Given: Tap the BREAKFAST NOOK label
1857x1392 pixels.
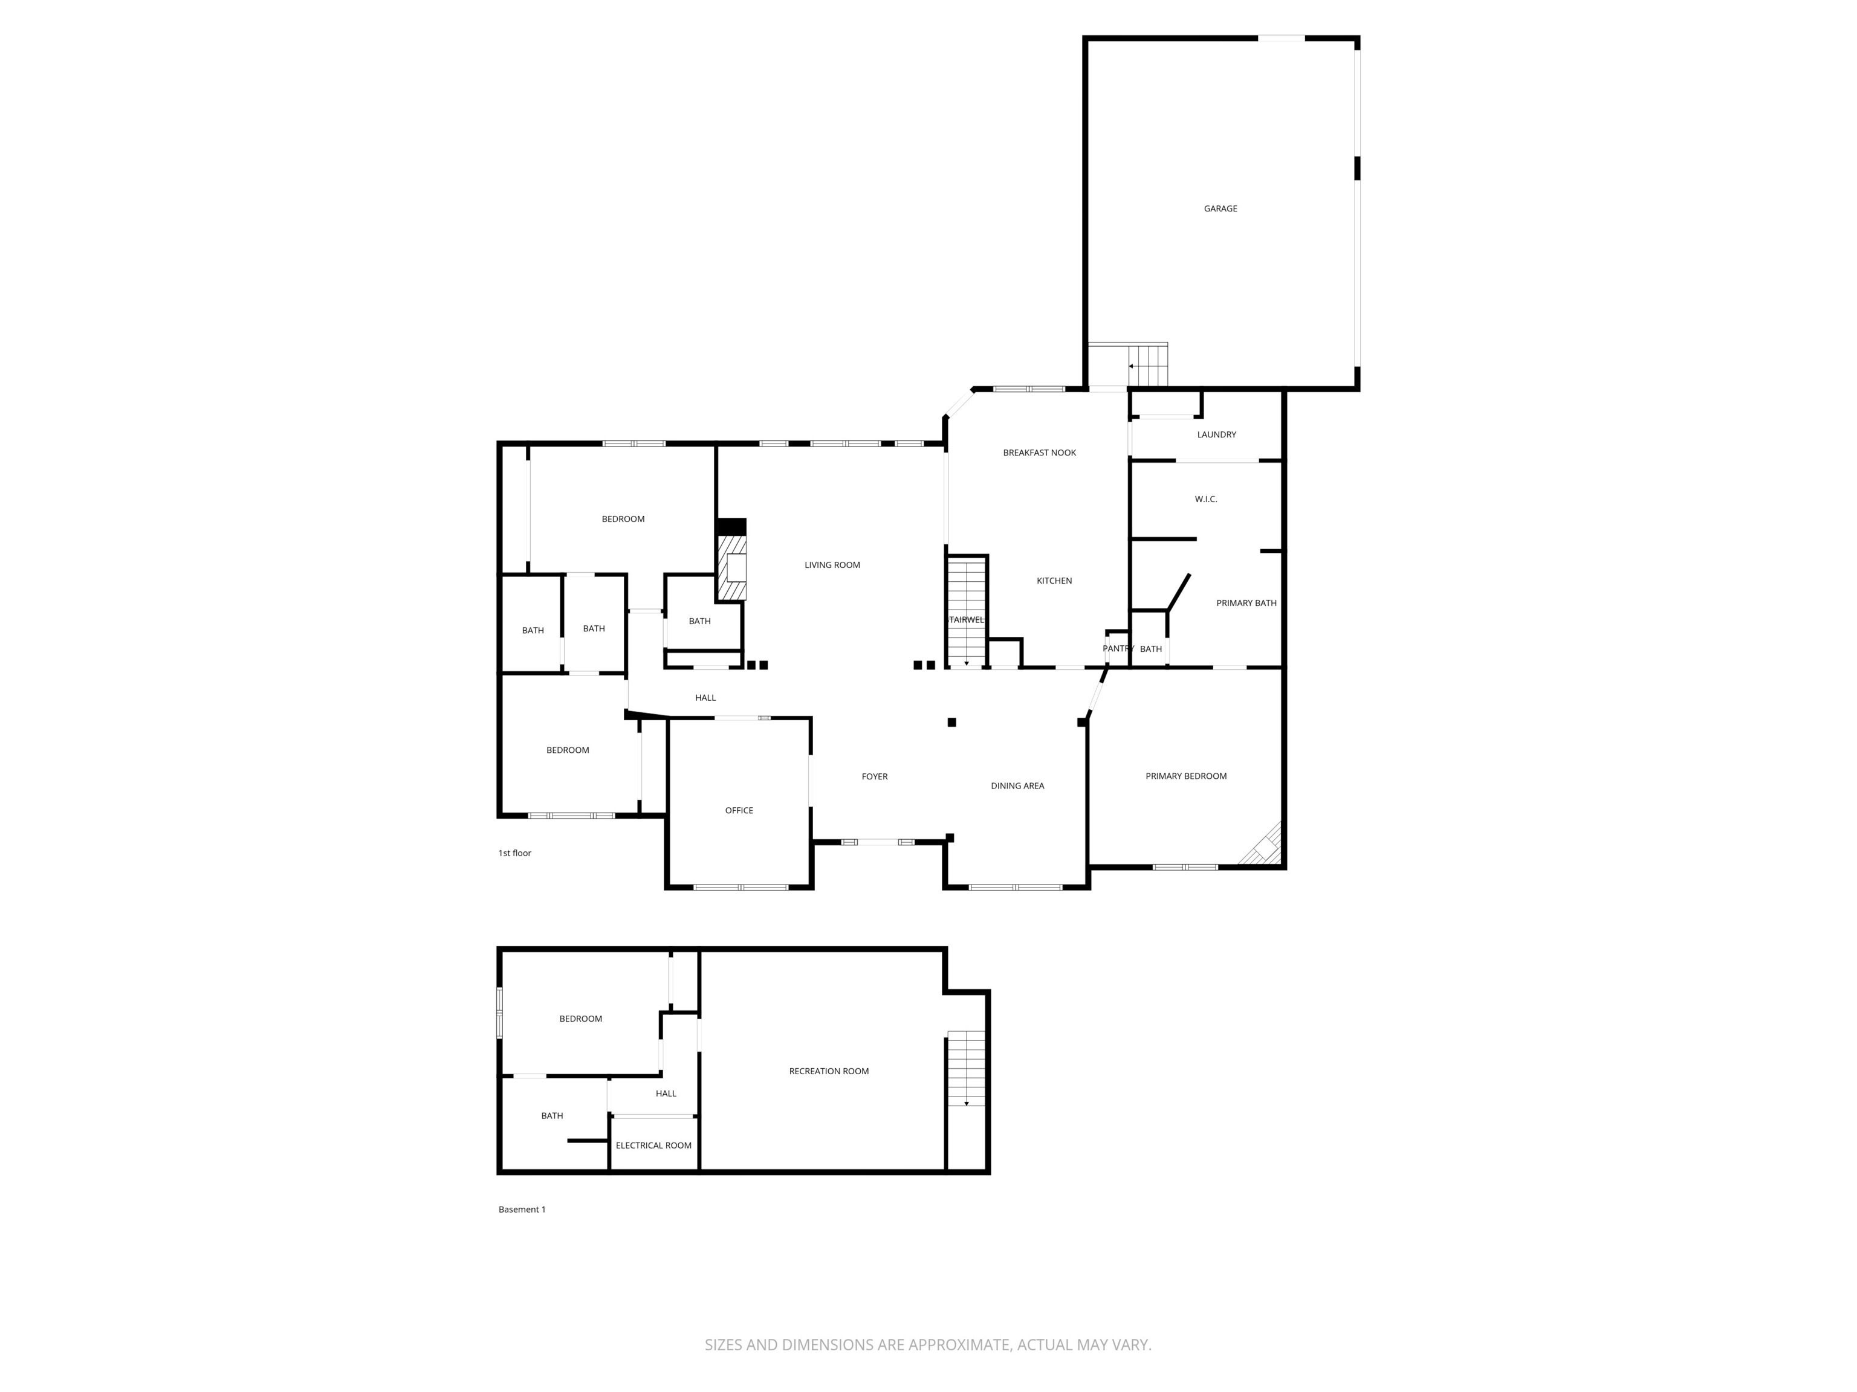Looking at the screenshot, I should click(1039, 453).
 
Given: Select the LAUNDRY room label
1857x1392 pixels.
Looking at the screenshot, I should click(1216, 434).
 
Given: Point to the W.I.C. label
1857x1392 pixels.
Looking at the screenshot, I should click(1205, 499).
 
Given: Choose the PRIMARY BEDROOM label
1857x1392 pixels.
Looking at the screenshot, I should click(1185, 776).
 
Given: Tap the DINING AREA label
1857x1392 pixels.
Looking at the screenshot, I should click(1017, 786).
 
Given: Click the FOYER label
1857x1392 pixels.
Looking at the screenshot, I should click(874, 777).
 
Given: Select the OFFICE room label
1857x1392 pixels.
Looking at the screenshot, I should click(739, 811).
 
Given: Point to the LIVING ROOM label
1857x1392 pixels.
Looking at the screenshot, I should click(832, 565).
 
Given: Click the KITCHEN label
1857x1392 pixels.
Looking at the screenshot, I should click(1054, 581).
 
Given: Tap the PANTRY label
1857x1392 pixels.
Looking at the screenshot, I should click(1117, 649).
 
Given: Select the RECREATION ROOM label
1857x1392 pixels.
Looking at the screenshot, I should click(829, 1071).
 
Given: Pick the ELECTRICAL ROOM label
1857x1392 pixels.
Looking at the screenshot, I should click(653, 1145).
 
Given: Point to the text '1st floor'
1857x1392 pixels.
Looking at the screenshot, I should click(514, 853).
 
